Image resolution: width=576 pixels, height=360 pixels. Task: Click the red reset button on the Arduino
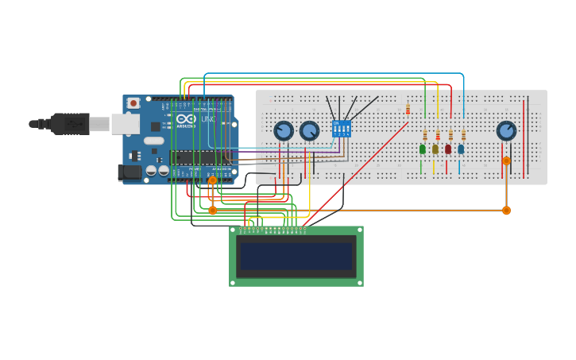click(133, 103)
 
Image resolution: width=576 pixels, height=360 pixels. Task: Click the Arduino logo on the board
click(186, 118)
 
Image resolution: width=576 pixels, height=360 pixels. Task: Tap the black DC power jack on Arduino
click(129, 172)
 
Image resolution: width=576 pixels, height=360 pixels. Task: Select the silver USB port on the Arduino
click(125, 124)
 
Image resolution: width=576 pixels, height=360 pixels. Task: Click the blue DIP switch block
click(342, 129)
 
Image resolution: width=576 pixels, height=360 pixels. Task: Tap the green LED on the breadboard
click(422, 149)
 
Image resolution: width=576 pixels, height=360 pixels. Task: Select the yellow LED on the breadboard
click(435, 149)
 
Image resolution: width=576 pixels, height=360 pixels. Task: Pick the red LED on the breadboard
click(447, 149)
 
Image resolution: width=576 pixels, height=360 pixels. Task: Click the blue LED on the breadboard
click(460, 149)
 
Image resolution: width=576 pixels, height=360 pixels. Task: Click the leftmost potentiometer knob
click(284, 130)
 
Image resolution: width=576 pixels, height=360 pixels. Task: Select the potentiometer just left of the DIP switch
click(309, 130)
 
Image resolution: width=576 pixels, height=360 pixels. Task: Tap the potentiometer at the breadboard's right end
click(506, 130)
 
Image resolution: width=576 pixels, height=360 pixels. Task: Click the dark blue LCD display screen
click(296, 256)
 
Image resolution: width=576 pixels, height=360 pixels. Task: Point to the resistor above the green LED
click(425, 134)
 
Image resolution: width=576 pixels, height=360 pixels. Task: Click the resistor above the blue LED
click(463, 134)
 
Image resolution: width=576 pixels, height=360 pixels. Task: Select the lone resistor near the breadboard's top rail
click(408, 109)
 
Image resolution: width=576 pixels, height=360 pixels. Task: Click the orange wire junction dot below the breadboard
click(506, 211)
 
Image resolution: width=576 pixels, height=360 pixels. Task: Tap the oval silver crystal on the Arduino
click(154, 141)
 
